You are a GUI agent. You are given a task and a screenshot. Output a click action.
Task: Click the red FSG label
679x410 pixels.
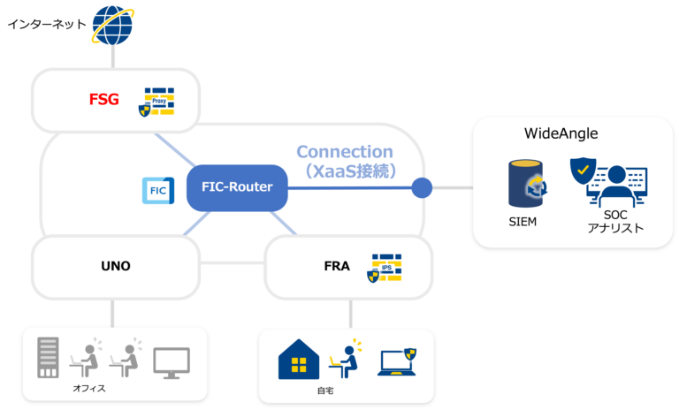click(104, 99)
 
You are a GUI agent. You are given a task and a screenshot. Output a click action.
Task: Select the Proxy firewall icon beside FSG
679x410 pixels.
click(157, 102)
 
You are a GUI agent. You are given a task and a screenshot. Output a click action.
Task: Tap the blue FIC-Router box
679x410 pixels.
click(237, 187)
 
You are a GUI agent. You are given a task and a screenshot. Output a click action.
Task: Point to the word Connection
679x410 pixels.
click(345, 152)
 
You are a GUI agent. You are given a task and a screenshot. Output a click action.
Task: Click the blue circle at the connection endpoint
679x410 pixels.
click(422, 187)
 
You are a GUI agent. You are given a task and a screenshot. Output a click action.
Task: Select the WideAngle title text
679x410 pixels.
click(561, 133)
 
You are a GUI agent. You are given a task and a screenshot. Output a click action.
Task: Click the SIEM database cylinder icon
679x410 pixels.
click(527, 184)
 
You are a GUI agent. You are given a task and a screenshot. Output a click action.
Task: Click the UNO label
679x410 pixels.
click(115, 266)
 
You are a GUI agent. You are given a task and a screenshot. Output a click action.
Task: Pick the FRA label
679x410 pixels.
click(337, 266)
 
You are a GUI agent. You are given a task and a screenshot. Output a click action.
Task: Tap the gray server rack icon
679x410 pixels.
click(48, 358)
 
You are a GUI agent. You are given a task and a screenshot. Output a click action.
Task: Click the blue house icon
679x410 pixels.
click(299, 358)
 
